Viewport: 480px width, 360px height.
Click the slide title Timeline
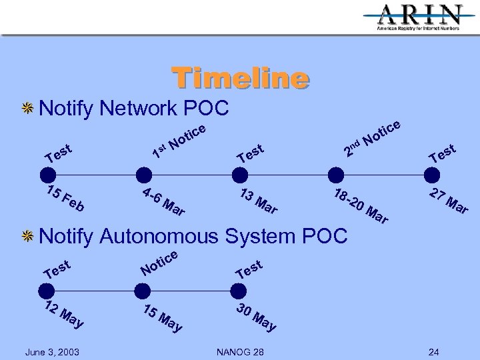click(241, 78)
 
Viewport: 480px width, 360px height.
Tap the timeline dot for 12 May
click(46, 291)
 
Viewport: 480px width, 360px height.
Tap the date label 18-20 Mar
click(360, 207)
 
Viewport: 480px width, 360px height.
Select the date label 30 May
click(256, 318)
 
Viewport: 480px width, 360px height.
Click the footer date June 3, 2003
click(52, 351)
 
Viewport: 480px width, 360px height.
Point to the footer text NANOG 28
click(240, 351)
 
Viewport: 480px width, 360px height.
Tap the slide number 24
click(434, 351)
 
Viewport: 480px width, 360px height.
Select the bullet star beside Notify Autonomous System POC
click(29, 236)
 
